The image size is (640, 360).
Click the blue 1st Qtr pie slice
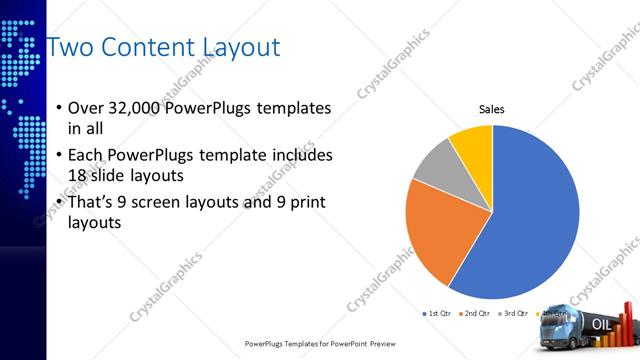click(x=530, y=220)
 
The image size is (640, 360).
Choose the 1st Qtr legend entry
click(x=441, y=315)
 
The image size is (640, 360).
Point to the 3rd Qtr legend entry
click(x=514, y=315)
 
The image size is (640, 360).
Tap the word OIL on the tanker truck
click(x=603, y=324)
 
